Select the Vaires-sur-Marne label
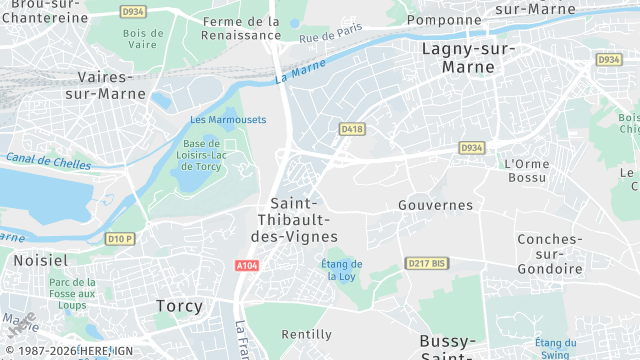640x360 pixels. click(105, 85)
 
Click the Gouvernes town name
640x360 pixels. click(435, 205)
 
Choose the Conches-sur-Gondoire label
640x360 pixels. click(549, 254)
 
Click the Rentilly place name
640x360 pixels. click(307, 334)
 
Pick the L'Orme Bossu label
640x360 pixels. click(526, 171)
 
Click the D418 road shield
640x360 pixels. click(351, 129)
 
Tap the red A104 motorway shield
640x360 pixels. click(248, 266)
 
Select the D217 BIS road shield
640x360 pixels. click(425, 263)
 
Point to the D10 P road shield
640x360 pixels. click(120, 238)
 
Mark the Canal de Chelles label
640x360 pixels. click(47, 162)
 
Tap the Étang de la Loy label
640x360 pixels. click(342, 270)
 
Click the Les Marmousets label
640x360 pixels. click(228, 120)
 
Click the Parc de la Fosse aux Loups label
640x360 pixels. click(72, 294)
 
